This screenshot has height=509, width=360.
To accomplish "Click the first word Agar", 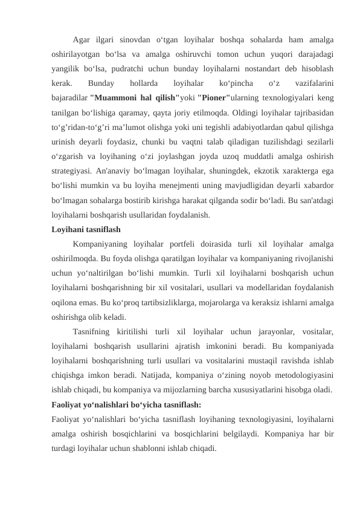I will point(81,41).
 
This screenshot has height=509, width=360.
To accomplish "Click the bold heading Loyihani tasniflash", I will point(86,230).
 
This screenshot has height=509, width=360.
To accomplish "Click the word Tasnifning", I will point(91,332).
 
